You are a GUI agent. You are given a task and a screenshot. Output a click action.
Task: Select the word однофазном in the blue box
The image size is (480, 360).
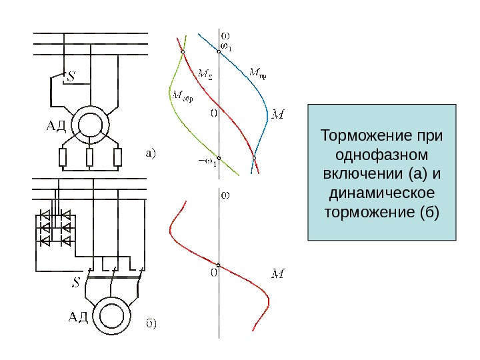click(x=381, y=155)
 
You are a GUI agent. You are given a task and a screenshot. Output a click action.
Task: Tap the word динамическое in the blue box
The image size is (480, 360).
click(x=381, y=193)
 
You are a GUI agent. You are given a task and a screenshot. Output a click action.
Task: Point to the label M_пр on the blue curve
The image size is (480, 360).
click(x=257, y=71)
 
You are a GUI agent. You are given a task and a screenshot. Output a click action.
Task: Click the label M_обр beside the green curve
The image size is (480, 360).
click(x=183, y=94)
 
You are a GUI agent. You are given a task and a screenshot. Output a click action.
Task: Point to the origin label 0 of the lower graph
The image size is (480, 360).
click(x=214, y=272)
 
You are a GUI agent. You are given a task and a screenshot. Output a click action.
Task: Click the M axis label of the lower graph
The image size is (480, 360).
click(x=279, y=273)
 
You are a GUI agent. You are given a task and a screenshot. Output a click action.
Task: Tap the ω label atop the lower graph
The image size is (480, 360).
click(x=225, y=195)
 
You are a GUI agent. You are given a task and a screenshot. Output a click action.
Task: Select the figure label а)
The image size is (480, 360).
click(x=149, y=154)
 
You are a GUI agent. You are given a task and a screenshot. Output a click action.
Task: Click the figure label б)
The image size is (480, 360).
click(x=151, y=324)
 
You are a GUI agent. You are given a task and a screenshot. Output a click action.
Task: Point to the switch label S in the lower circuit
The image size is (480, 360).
click(x=75, y=283)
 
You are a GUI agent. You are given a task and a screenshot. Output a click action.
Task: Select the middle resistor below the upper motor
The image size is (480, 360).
click(x=90, y=158)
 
